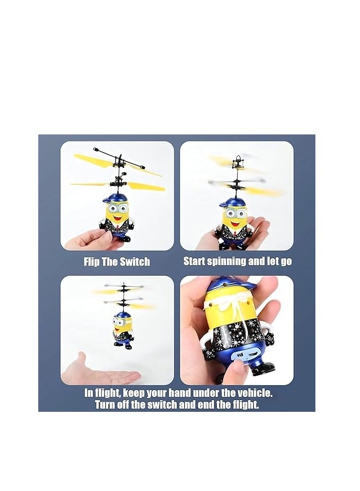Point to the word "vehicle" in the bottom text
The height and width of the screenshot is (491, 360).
[253, 394]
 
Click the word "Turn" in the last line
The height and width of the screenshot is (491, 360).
[106, 405]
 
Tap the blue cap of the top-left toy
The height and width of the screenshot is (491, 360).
[115, 198]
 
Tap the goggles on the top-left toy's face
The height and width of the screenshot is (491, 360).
[118, 209]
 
